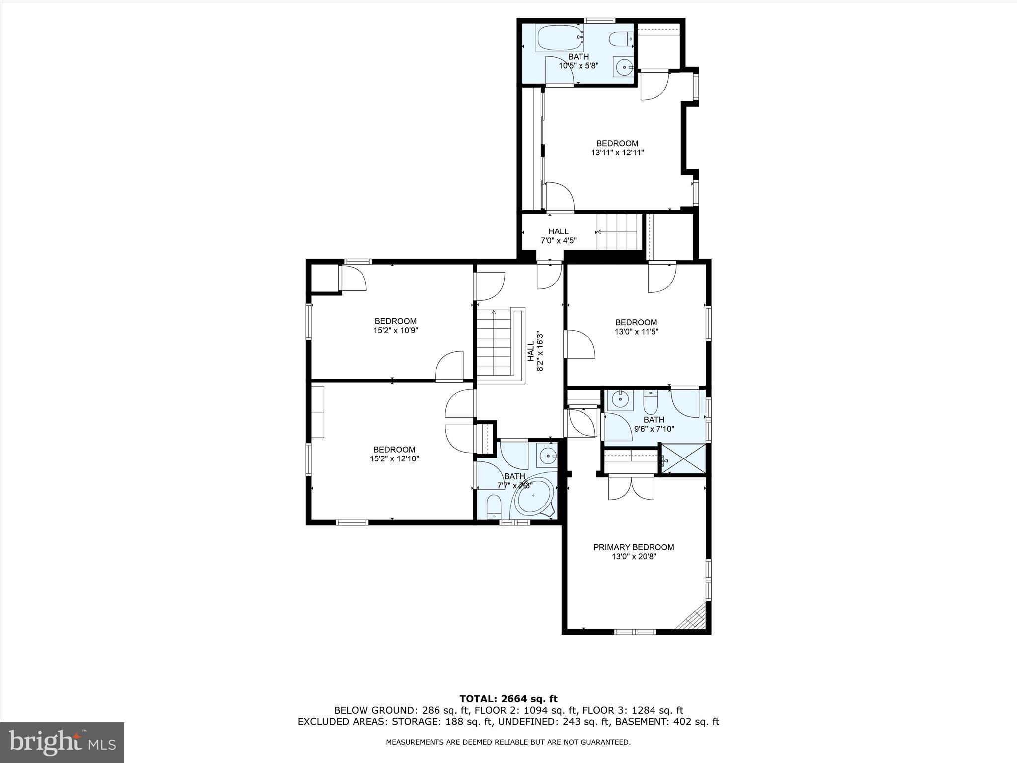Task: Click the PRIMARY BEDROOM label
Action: click(634, 547)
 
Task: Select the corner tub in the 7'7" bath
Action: click(533, 497)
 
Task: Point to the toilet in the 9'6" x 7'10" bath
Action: click(651, 403)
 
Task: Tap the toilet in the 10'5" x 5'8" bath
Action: click(622, 38)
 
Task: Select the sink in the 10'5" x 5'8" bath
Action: click(623, 66)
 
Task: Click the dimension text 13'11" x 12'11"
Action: click(617, 153)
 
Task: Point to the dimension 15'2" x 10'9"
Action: click(396, 330)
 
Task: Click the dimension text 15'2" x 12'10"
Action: click(394, 459)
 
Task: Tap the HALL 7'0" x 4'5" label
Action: click(558, 236)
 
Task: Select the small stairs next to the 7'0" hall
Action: click(618, 232)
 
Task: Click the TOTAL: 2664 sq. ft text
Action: click(508, 699)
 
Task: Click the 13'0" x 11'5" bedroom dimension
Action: click(636, 332)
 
